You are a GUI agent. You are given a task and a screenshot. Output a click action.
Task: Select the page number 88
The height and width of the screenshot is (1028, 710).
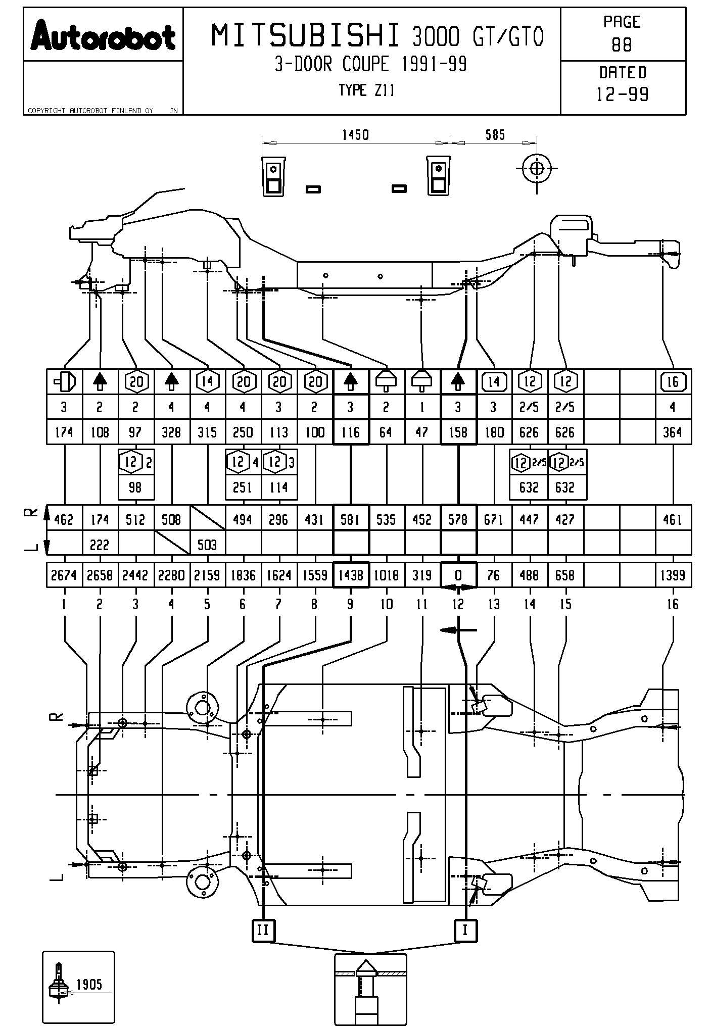[622, 45]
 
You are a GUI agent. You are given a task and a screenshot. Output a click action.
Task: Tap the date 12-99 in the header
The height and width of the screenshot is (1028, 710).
[623, 94]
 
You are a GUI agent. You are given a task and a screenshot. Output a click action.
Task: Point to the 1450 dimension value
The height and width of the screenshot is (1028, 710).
[355, 135]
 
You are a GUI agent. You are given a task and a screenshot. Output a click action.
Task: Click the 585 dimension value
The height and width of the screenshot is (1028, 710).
[495, 135]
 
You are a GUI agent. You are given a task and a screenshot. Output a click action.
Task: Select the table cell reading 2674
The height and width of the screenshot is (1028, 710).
[64, 575]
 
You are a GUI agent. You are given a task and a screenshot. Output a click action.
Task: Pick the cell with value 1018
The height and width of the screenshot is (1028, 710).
[386, 575]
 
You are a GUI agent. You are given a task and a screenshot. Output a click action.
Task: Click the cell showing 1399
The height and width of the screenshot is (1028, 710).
[673, 575]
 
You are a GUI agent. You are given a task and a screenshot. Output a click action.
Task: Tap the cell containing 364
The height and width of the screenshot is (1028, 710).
[673, 432]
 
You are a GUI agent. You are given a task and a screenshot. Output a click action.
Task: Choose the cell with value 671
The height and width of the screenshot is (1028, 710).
[494, 519]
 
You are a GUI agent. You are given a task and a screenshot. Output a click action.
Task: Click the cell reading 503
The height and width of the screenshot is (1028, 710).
[207, 545]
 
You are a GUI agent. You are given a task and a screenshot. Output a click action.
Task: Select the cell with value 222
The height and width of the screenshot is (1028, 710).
[100, 545]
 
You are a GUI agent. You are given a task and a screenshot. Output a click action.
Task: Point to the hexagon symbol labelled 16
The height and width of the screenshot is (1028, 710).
[673, 382]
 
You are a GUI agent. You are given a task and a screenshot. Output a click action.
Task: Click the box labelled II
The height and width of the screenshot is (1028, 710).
[263, 930]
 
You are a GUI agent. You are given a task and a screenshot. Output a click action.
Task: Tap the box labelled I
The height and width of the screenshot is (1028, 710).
[465, 930]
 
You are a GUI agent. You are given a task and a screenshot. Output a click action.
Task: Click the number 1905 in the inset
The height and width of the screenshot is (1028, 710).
[89, 984]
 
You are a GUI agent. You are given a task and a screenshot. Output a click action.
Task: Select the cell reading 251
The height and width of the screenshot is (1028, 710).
[243, 487]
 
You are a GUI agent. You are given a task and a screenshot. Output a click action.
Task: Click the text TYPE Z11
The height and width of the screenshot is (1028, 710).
[366, 90]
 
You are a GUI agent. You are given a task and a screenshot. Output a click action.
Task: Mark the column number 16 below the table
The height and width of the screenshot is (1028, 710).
[673, 604]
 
